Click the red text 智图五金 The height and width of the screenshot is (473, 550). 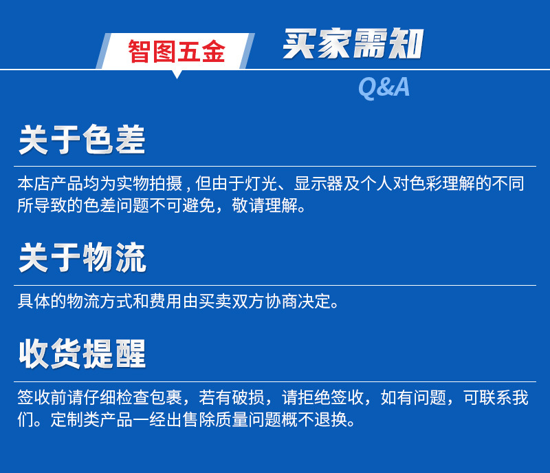tap(176, 52)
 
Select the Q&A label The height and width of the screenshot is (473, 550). tap(384, 87)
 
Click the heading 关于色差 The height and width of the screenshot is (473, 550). tap(82, 140)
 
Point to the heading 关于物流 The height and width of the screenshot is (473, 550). tap(82, 259)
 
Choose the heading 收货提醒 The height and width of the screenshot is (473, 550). tap(82, 354)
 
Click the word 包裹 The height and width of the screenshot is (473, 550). tap(165, 398)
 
